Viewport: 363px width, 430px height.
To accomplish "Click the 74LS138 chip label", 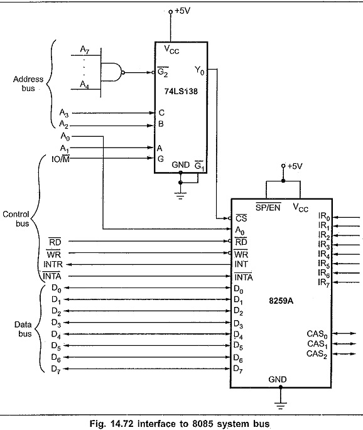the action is pyautogui.click(x=181, y=91).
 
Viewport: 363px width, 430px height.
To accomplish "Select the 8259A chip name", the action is pyautogui.click(x=281, y=301).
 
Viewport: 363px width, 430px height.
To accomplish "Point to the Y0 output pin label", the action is pyautogui.click(x=200, y=71).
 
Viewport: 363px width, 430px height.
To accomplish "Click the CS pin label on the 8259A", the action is pyautogui.click(x=241, y=218).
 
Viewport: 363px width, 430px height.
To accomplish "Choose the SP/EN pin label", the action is pyautogui.click(x=268, y=207).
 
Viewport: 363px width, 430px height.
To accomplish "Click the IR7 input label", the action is pyautogui.click(x=324, y=282).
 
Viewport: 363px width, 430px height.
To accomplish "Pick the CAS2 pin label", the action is pyautogui.click(x=317, y=354).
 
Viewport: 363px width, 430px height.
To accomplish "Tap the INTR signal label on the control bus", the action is pyautogui.click(x=53, y=264).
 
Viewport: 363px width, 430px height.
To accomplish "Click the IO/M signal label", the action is pyautogui.click(x=61, y=159).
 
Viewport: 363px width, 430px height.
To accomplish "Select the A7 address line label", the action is pyautogui.click(x=85, y=50).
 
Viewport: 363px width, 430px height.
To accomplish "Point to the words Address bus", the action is pyautogui.click(x=28, y=83).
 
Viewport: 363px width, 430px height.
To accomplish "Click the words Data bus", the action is pyautogui.click(x=23, y=329).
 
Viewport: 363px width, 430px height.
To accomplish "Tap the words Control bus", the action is pyautogui.click(x=16, y=219).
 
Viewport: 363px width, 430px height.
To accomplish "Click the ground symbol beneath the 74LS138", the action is pyautogui.click(x=180, y=196).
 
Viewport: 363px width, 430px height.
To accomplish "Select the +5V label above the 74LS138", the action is pyautogui.click(x=183, y=11).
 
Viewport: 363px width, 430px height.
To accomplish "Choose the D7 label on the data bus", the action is pyautogui.click(x=56, y=369).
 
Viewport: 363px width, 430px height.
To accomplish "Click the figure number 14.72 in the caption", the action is pyautogui.click(x=122, y=424).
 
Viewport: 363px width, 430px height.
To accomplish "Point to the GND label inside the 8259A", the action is pyautogui.click(x=278, y=379).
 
